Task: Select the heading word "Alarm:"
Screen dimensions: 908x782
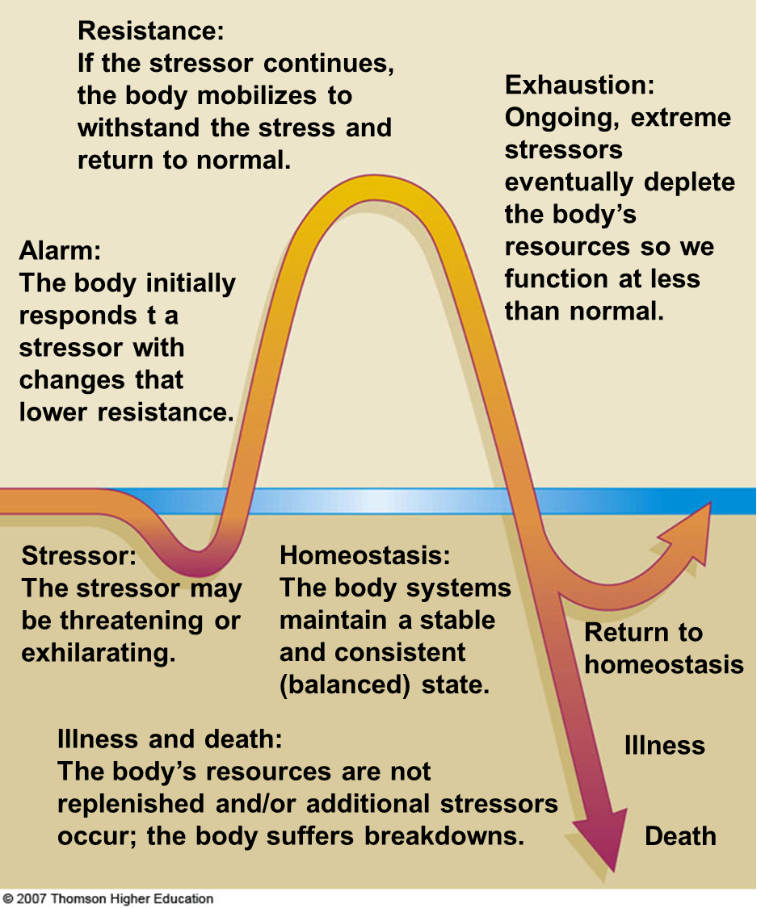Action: pyautogui.click(x=60, y=250)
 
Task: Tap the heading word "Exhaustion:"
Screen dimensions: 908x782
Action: pyautogui.click(x=579, y=85)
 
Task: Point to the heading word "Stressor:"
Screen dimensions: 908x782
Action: pyautogui.click(x=78, y=555)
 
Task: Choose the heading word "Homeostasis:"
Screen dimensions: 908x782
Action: pyautogui.click(x=364, y=555)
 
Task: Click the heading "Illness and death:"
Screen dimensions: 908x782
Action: pyautogui.click(x=170, y=739)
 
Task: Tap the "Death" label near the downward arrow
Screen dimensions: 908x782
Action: pyautogui.click(x=680, y=836)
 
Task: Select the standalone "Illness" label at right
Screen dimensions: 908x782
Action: pyautogui.click(x=664, y=745)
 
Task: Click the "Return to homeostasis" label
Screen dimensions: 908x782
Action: pyautogui.click(x=663, y=648)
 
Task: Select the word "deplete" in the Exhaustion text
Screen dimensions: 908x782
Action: pyautogui.click(x=689, y=182)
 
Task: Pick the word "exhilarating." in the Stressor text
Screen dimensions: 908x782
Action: pyautogui.click(x=99, y=652)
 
